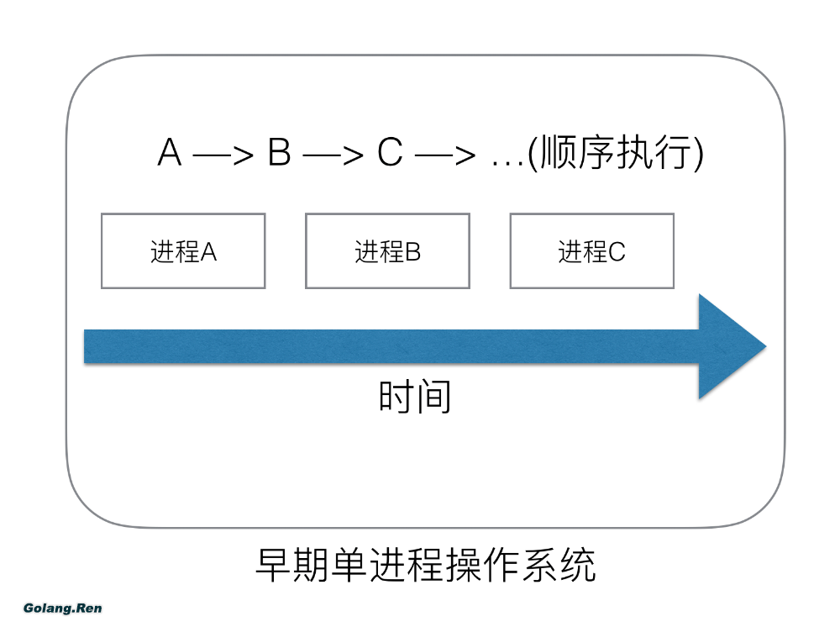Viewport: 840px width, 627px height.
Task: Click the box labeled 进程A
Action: pos(183,251)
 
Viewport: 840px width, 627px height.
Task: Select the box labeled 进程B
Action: pos(387,251)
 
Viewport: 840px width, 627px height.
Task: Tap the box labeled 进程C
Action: pos(591,251)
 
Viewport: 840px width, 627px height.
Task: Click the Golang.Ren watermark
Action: pos(63,607)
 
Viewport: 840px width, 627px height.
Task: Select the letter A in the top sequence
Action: pos(170,155)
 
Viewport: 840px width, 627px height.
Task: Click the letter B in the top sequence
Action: pos(280,155)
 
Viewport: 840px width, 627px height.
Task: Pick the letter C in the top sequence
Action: pos(390,155)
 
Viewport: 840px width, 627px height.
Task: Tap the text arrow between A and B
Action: pos(223,156)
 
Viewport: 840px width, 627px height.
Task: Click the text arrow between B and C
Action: pos(333,156)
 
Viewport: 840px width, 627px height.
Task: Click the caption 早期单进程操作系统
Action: pos(425,565)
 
